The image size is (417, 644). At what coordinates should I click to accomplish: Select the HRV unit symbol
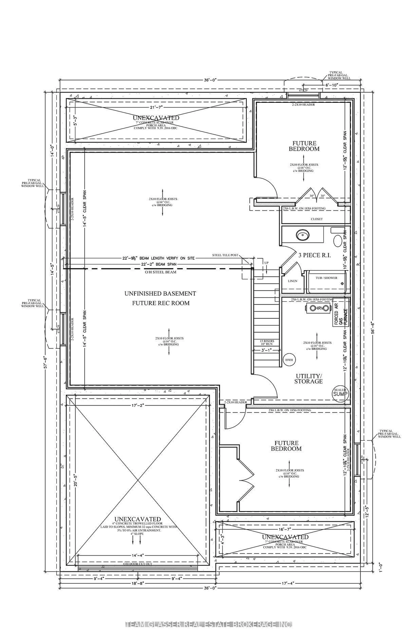pos(318,308)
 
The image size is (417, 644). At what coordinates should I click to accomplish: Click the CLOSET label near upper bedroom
pos(317,219)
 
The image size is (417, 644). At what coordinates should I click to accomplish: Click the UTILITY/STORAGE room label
pos(308,379)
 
